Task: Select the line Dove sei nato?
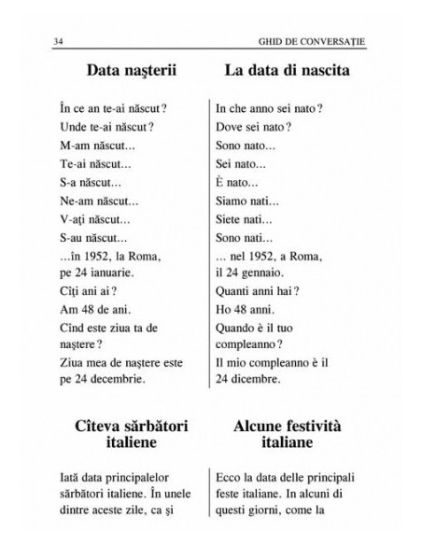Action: coord(255,126)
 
